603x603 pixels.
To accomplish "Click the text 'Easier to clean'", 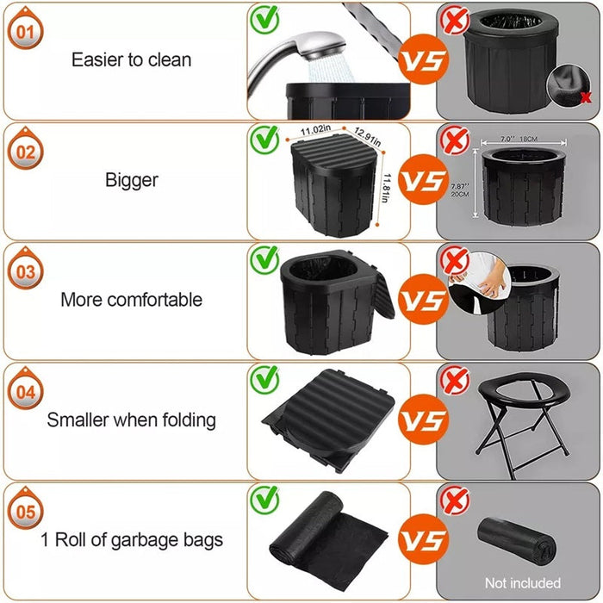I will coord(132,60).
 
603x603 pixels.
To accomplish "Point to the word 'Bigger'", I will coord(132,180).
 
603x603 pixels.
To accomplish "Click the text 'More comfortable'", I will coord(132,300).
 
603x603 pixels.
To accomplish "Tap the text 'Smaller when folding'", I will coord(132,420).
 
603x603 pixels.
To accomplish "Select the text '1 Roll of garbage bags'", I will coord(132,540).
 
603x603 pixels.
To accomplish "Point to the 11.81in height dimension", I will coord(389,184).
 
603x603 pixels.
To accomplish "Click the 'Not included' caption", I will coord(522,583).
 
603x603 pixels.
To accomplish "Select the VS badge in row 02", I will coord(426,182).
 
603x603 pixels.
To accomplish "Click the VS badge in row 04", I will coord(426,421).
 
